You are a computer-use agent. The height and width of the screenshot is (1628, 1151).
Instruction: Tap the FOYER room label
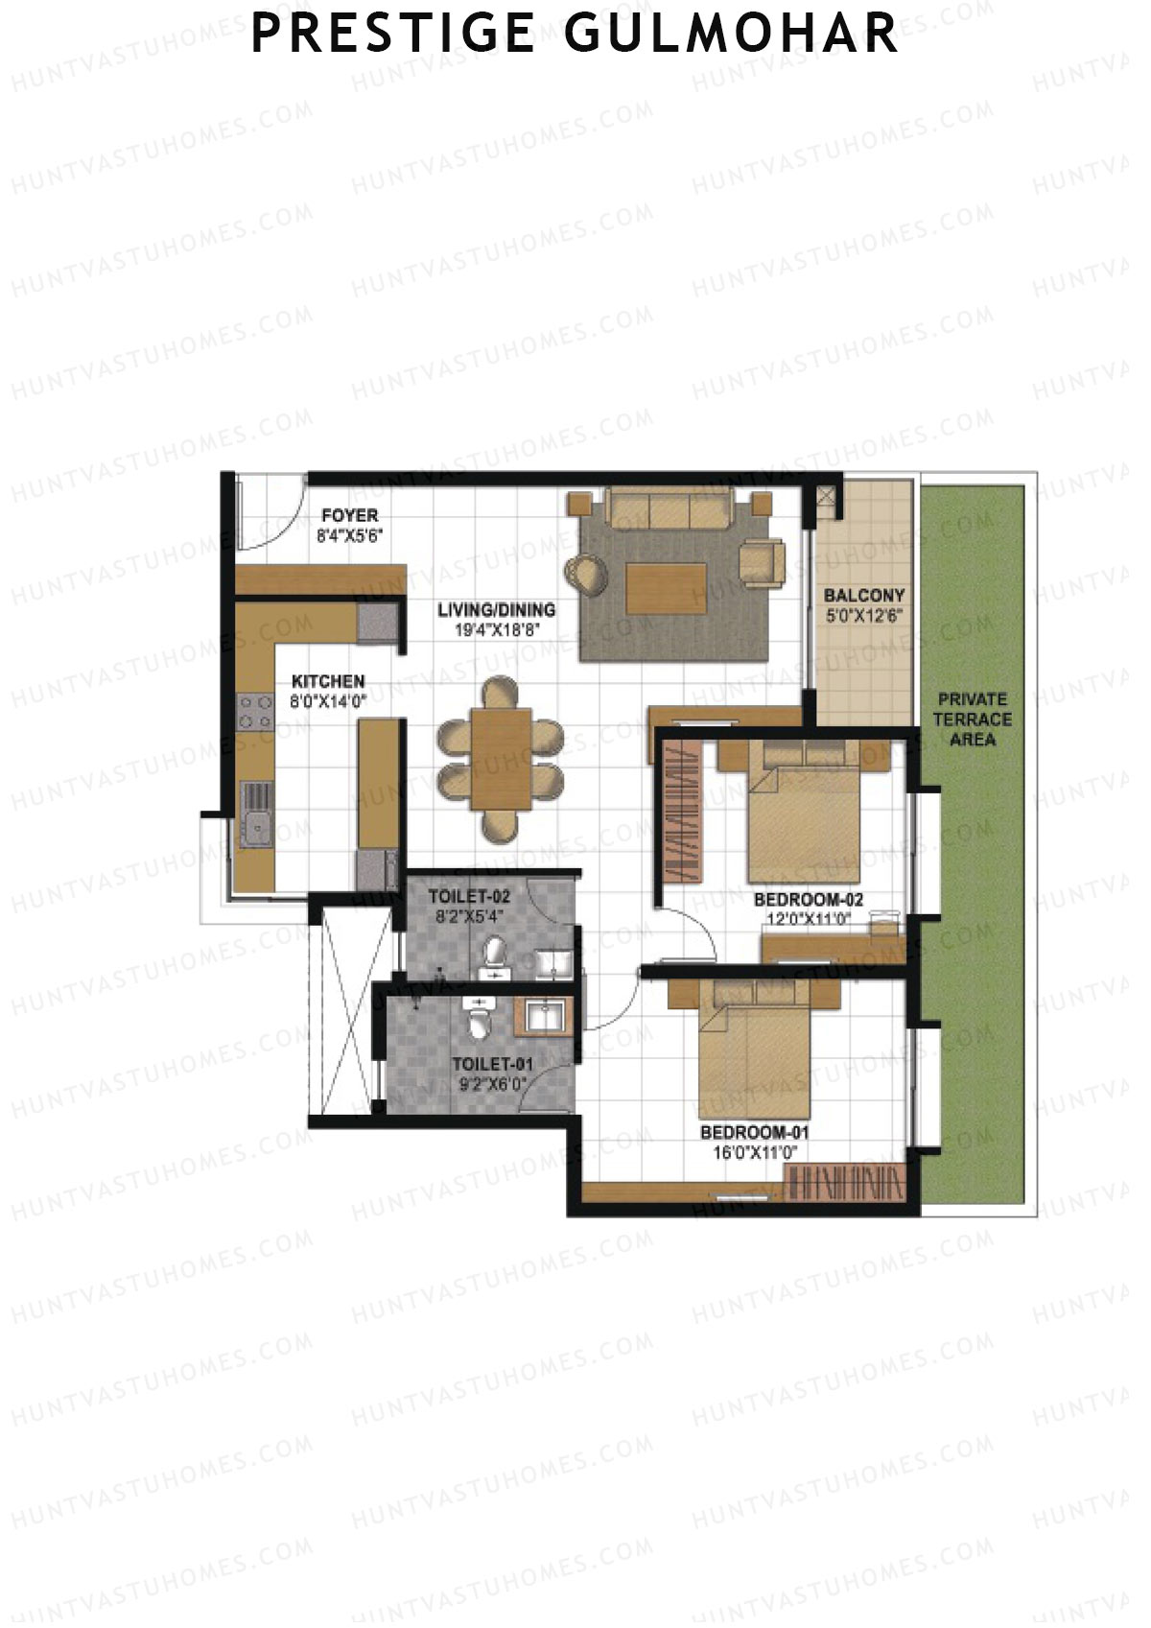[x=349, y=515]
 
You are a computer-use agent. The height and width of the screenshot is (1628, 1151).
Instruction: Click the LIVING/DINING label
[x=496, y=609]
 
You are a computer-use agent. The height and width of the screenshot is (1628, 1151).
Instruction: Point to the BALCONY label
[x=864, y=596]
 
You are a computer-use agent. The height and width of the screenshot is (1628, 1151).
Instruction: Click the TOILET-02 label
[x=469, y=897]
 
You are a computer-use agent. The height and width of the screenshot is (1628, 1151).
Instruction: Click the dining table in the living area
[x=501, y=758]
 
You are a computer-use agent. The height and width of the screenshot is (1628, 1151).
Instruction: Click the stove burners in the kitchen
[x=255, y=712]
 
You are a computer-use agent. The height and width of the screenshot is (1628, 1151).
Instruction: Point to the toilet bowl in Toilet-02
[x=494, y=954]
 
